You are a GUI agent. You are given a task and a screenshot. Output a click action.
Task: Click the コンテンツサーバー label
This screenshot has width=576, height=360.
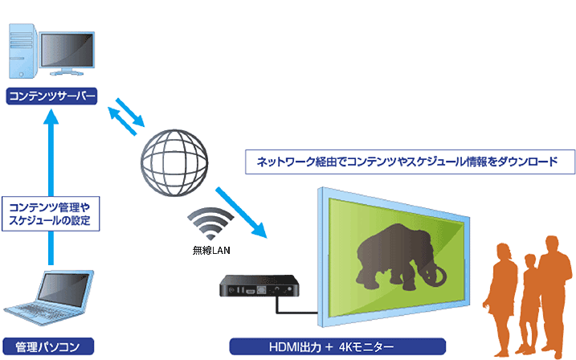(51, 96)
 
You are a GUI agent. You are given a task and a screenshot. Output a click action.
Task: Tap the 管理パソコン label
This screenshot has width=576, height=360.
(48, 347)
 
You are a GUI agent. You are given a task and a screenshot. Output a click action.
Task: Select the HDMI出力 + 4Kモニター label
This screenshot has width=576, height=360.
(337, 347)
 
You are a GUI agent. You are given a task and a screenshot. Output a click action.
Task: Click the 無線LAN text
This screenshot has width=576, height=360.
(211, 251)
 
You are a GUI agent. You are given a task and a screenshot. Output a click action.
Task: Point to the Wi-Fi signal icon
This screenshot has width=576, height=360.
(210, 223)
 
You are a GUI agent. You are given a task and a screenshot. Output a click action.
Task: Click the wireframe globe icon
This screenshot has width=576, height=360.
(174, 162)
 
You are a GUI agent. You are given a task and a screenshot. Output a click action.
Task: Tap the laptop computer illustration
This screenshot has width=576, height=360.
(49, 297)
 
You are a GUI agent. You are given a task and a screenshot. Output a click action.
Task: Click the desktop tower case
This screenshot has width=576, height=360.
(23, 51)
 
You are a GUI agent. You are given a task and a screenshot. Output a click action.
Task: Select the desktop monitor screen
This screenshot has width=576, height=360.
(67, 51)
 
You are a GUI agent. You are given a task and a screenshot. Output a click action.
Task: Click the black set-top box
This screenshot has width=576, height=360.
(259, 286)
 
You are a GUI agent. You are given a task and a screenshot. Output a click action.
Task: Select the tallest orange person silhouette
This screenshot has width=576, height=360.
(553, 297)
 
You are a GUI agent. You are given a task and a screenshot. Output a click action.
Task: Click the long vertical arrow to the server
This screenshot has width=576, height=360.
(51, 187)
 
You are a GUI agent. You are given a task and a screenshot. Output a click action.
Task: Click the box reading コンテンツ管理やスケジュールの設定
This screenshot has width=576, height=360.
(51, 214)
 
